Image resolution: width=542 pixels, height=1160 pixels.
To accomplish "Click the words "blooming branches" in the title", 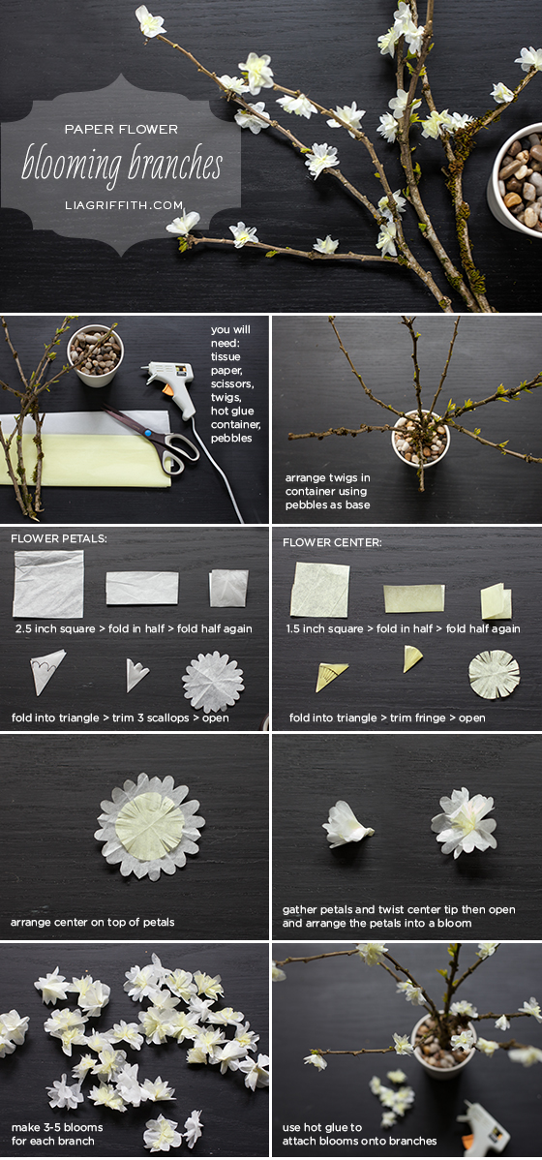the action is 122,164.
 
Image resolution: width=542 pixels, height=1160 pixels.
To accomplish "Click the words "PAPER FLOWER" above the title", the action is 121,130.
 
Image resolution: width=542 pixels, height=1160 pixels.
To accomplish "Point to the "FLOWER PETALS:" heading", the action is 59,539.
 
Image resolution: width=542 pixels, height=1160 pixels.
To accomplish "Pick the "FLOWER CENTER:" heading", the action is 332,542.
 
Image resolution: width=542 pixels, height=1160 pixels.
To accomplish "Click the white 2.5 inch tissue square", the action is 48,585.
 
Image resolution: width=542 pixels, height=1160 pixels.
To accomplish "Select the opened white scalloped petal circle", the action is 213,682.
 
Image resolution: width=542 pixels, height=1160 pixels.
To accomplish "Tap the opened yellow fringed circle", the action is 494,674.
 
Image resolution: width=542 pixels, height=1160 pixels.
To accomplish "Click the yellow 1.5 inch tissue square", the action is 319,590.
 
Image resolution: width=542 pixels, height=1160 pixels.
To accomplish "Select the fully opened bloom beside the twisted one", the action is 465,821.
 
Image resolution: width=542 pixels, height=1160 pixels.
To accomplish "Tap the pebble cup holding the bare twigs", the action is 420,440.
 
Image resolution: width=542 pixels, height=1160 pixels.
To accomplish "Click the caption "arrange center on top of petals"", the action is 92,922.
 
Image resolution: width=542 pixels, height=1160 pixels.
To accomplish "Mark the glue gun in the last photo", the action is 483,1128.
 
